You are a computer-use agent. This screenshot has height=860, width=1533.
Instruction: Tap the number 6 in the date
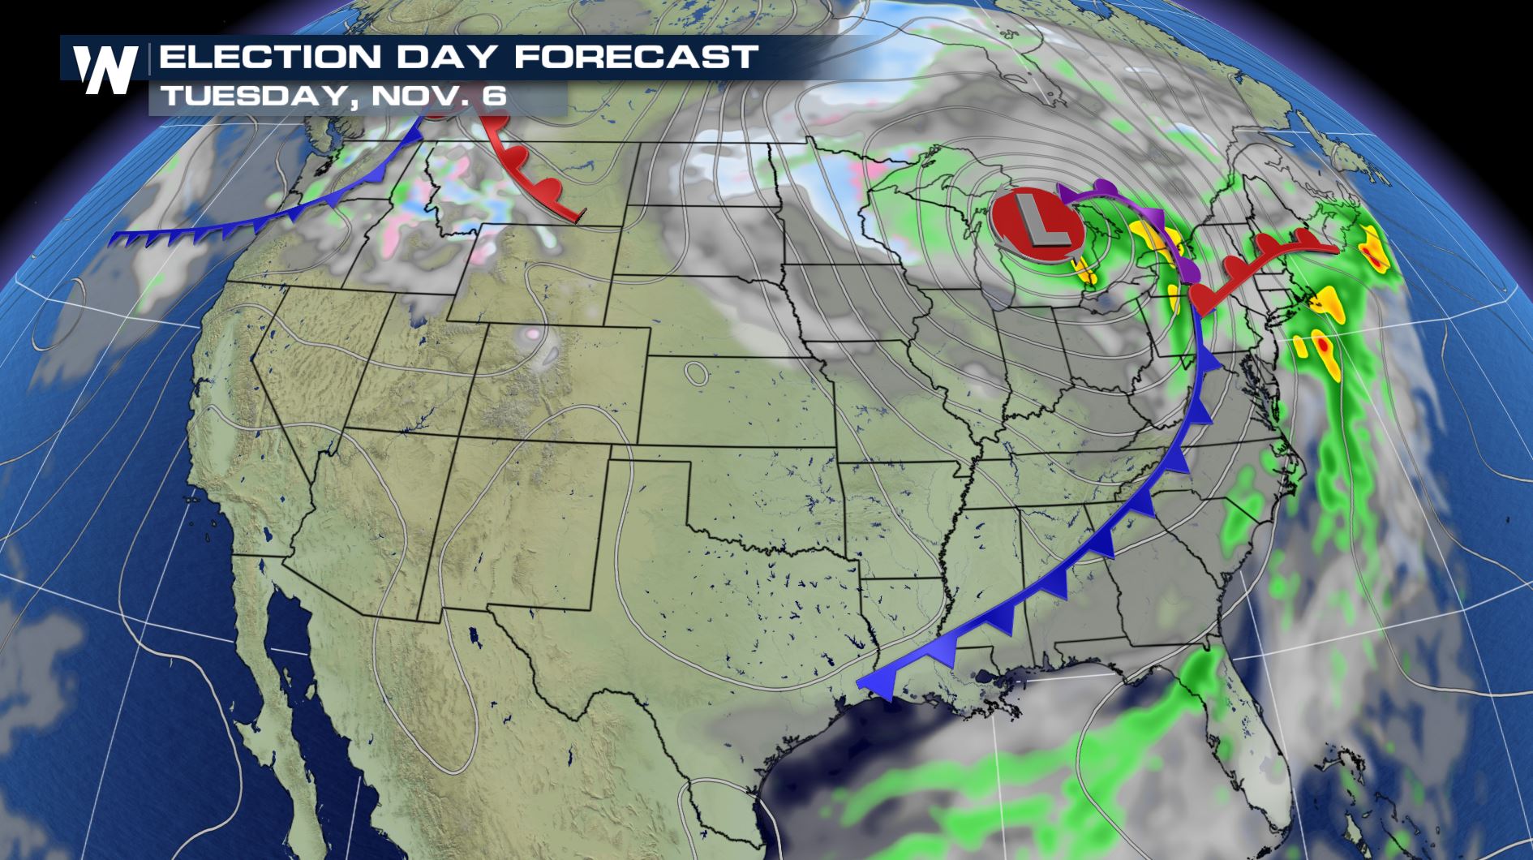pos(496,97)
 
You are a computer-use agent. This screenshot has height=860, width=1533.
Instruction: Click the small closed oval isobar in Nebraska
pos(695,372)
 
